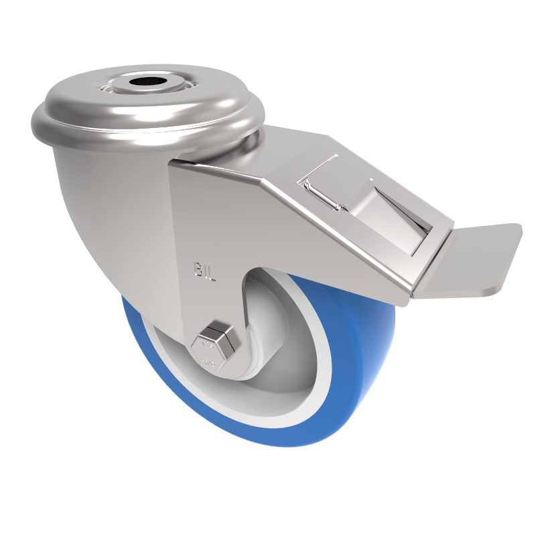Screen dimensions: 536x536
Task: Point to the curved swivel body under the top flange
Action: tap(100, 201)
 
